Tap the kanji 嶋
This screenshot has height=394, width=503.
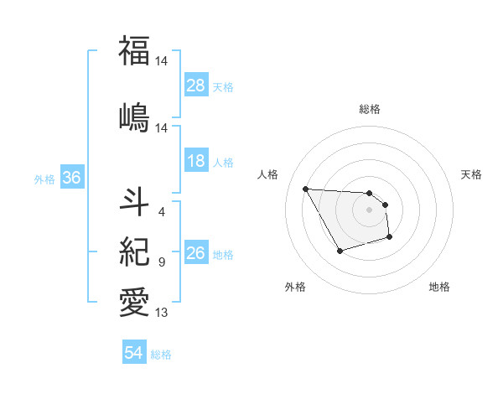click(x=134, y=116)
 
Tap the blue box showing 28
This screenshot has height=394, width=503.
click(x=196, y=85)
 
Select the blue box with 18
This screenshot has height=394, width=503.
click(x=196, y=161)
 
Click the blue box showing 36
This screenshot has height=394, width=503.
click(x=70, y=178)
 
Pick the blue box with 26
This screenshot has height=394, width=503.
click(x=196, y=253)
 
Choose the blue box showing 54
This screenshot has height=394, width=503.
click(x=134, y=353)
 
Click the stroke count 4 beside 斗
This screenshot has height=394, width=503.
click(x=161, y=211)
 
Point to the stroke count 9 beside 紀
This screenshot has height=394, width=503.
click(x=161, y=262)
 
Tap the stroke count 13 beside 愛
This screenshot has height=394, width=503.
click(x=162, y=313)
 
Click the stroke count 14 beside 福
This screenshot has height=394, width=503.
click(x=162, y=62)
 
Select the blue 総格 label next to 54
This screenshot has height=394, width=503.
click(x=161, y=355)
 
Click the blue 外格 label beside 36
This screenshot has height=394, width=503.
click(x=44, y=179)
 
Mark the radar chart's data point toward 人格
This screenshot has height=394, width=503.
click(x=305, y=189)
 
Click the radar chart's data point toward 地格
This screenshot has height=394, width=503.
click(x=391, y=238)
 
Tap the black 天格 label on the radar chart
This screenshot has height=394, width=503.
click(x=471, y=174)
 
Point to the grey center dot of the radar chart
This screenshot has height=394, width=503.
click(x=369, y=210)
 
